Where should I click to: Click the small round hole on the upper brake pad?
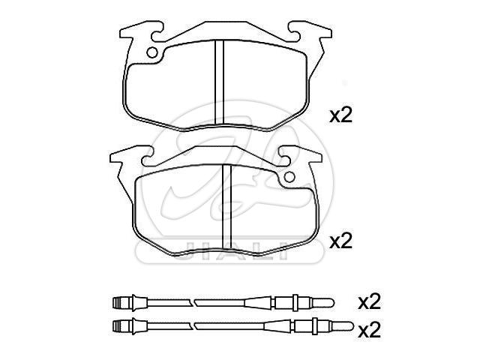coord(152,52)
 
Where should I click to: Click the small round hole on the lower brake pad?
coord(289,177)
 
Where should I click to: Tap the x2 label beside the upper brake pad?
coord(340,115)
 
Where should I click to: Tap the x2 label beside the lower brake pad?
coord(340,241)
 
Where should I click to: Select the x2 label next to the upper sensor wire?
coord(370,301)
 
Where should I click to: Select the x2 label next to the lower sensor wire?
coord(370,330)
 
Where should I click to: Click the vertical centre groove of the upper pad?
coord(219,82)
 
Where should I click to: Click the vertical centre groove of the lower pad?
coord(226,205)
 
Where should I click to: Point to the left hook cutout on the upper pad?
coord(157,34)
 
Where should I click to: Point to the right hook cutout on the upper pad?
coord(293,34)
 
